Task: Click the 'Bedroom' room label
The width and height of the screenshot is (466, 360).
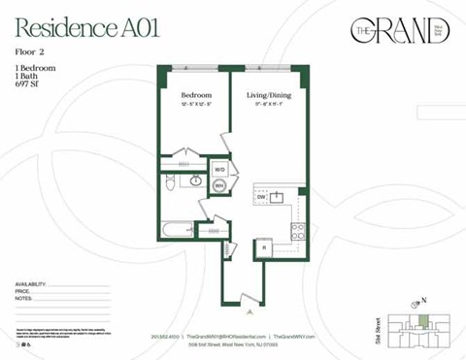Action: click(x=195, y=95)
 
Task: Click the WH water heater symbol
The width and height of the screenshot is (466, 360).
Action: click(x=218, y=185)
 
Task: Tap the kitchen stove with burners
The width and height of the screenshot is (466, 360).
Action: click(x=297, y=231)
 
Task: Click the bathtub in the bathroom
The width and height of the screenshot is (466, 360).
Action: click(x=179, y=230)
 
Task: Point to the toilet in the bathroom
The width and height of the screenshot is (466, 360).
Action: click(x=171, y=181)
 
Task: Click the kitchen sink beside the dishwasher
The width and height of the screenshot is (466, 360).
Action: click(x=278, y=198)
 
